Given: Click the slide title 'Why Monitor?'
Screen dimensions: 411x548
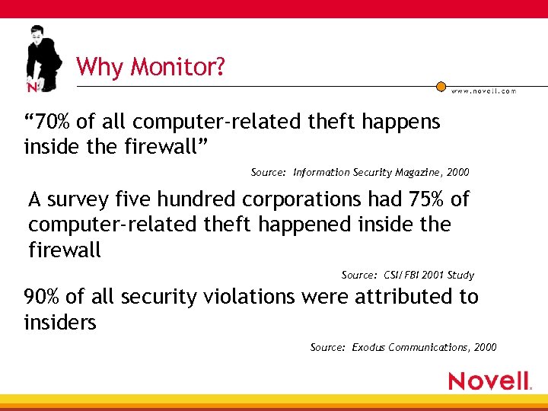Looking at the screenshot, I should pos(151,68).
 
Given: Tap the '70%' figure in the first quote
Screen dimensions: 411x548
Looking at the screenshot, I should pos(54,122).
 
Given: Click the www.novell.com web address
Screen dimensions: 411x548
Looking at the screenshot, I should pos(484,91).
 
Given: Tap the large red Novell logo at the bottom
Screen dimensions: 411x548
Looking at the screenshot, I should pos(489,381).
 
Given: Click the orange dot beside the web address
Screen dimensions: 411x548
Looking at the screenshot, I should pos(441,87).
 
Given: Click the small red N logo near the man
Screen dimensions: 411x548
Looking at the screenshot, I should pos(33,88).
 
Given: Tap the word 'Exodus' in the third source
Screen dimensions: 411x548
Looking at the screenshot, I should pos(368,347).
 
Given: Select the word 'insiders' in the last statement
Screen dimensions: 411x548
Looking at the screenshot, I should pos(60,323).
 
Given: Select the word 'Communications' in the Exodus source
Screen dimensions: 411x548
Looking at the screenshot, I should pos(430,347).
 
